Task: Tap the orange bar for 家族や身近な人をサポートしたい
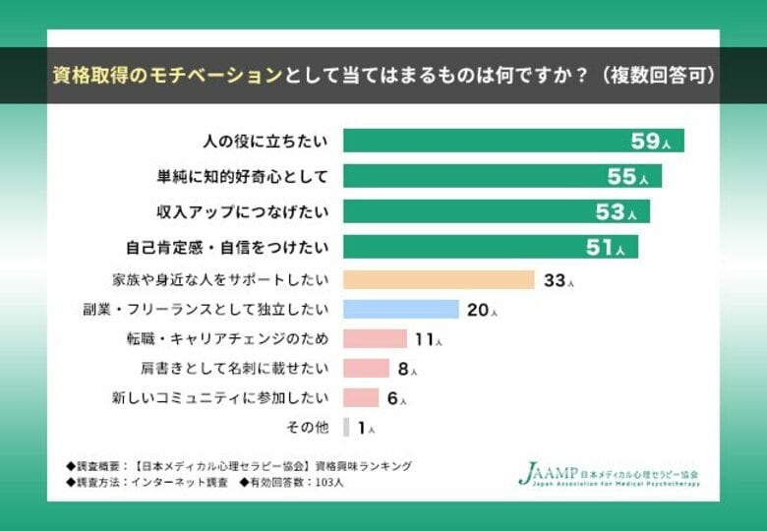[439, 280]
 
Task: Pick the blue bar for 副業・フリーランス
[401, 310]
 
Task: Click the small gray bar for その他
[346, 428]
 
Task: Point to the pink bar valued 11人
[375, 339]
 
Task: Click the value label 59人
[651, 142]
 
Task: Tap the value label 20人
[482, 311]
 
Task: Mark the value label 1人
[366, 429]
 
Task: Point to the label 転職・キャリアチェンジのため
[227, 339]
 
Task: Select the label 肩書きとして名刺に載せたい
[235, 369]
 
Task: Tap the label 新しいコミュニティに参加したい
[220, 398]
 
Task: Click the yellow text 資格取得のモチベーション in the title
[167, 76]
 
